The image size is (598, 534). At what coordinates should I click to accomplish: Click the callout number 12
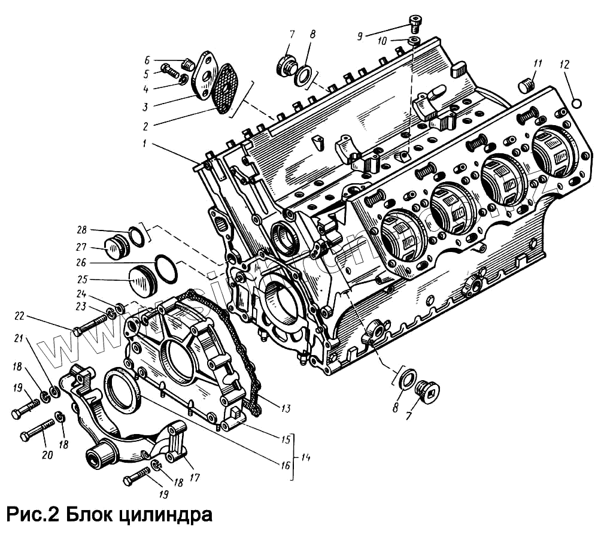tap(566, 64)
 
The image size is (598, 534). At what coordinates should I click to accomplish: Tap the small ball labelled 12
tap(576, 103)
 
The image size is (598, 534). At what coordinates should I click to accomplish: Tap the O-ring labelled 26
tap(166, 271)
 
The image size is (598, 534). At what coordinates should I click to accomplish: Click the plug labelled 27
tap(116, 247)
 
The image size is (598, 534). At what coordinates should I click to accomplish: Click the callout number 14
tap(305, 457)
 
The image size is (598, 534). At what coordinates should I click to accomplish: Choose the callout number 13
tap(285, 408)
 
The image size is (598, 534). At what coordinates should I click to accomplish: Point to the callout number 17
tap(194, 478)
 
